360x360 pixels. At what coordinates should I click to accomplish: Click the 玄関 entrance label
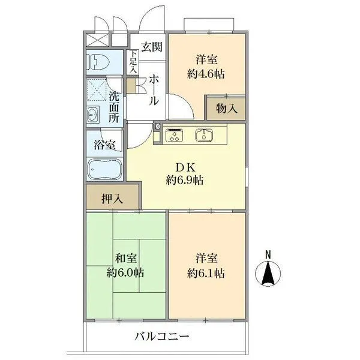click(x=151, y=47)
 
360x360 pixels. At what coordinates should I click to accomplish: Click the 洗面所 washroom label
click(x=114, y=106)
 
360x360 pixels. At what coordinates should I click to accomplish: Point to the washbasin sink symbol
click(x=94, y=113)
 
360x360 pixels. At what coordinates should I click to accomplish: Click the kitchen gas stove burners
click(x=175, y=136)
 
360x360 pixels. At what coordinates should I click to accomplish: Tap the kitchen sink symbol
click(x=205, y=135)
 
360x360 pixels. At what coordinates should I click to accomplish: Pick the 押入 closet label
click(x=112, y=198)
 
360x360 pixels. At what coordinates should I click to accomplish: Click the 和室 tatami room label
click(x=126, y=259)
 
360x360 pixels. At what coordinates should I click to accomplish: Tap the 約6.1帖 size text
click(x=206, y=273)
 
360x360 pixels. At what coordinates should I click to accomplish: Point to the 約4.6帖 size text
click(x=206, y=74)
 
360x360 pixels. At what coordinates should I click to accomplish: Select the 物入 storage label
click(x=227, y=109)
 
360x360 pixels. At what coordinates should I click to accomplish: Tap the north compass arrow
click(x=269, y=275)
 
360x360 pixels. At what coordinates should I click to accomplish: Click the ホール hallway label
click(x=154, y=90)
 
